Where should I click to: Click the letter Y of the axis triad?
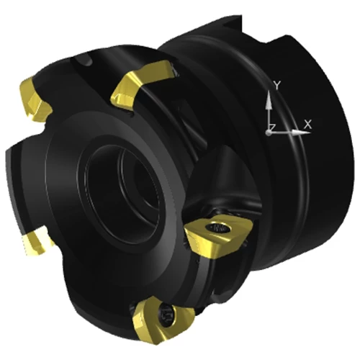click(x=277, y=86)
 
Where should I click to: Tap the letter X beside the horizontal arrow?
click(x=307, y=124)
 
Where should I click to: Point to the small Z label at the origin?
click(x=272, y=127)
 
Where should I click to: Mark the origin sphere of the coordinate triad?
click(x=269, y=132)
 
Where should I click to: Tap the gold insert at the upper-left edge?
click(x=35, y=99)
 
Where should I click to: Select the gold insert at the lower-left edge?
click(x=36, y=240)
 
